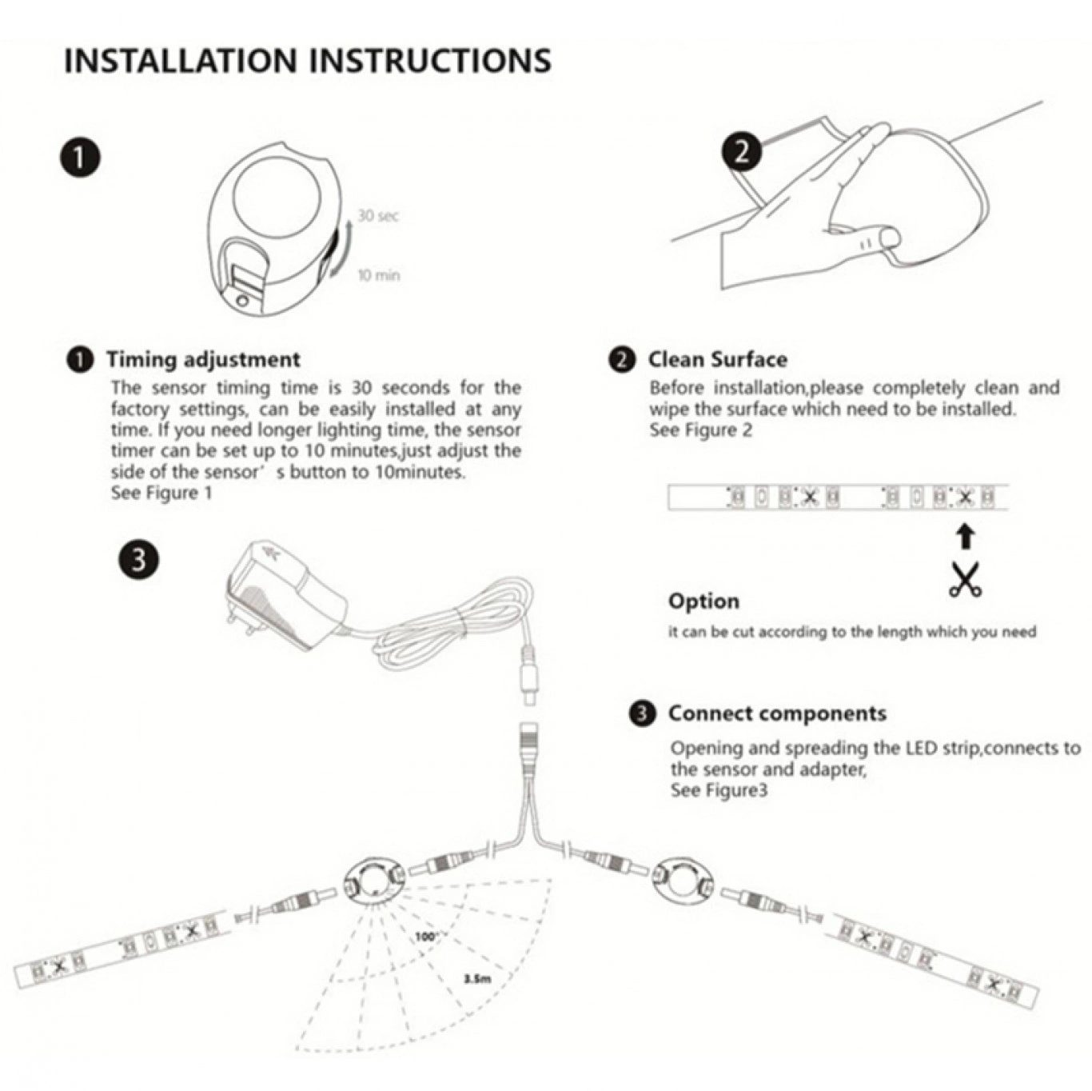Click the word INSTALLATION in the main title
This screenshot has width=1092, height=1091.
pos(178,61)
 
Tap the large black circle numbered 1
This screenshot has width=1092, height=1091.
pos(79,158)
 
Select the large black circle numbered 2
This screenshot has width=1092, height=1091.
pos(742,153)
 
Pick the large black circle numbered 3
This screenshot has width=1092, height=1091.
pos(139,560)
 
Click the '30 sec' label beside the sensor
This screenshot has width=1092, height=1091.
pos(378,216)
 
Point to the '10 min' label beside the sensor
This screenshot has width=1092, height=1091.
pos(379,276)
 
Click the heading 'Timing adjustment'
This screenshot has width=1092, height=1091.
pos(203,359)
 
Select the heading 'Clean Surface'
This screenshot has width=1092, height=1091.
pos(718,359)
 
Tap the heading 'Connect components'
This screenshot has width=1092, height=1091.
pos(778,713)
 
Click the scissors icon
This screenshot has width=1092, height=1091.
pos(965,579)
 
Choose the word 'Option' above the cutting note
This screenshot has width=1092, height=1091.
pos(703,601)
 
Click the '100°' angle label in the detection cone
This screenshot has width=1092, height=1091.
pos(426,936)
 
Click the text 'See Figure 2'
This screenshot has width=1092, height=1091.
pos(701,430)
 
